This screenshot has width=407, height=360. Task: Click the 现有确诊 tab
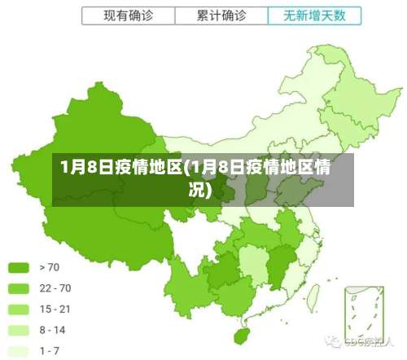click(129, 15)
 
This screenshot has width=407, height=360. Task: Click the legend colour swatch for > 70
click(19, 267)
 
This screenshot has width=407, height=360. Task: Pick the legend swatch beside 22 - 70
click(19, 288)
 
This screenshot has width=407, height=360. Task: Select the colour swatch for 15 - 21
click(19, 310)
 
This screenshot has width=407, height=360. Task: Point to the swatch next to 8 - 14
click(19, 331)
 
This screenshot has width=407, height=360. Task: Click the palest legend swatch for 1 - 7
click(19, 351)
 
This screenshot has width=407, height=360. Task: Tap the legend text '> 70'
click(49, 267)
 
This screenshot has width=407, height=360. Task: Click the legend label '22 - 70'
click(55, 288)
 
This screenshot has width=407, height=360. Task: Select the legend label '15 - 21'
click(55, 310)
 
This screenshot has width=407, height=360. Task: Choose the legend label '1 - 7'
click(50, 351)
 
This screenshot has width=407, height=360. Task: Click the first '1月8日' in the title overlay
click(86, 169)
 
